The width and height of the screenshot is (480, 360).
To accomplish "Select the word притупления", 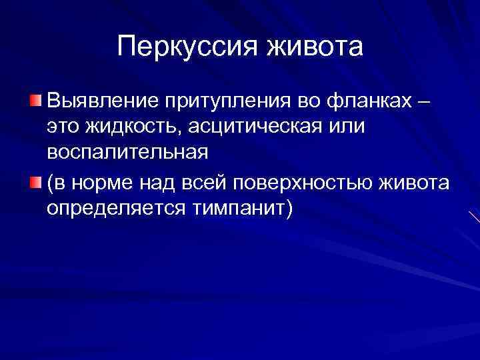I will (x=228, y=101).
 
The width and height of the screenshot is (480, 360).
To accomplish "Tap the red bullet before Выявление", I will (x=35, y=101).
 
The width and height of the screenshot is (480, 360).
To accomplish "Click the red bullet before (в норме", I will (x=35, y=182).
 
